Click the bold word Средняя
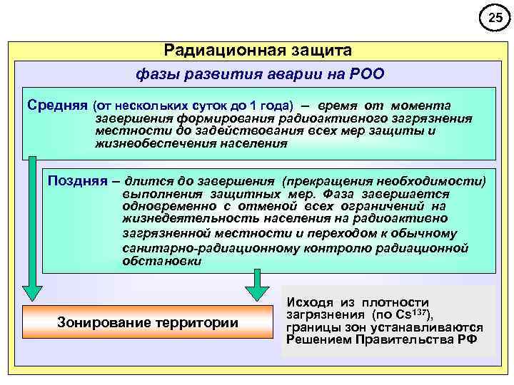click(57, 104)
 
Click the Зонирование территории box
click(147, 322)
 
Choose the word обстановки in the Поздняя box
click(161, 261)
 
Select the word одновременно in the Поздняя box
click(162, 206)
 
